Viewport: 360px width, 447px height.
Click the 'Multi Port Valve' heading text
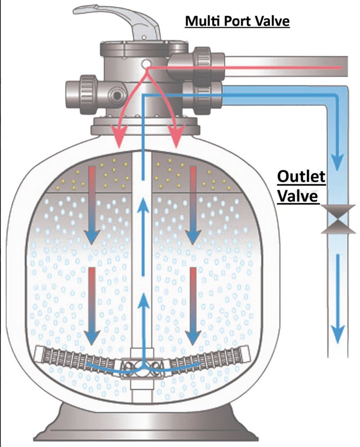click(237, 21)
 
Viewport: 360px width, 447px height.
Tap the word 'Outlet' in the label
click(302, 177)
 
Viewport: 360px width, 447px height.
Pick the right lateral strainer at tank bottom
click(209, 358)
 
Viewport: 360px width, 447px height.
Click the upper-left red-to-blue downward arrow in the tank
click(91, 205)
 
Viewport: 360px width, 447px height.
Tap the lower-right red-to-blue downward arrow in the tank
click(192, 306)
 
